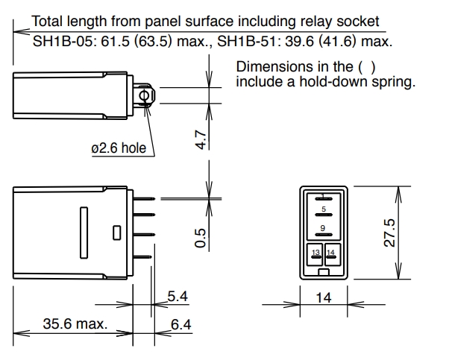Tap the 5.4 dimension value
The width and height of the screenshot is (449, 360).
[177, 297]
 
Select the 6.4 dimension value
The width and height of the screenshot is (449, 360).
[180, 324]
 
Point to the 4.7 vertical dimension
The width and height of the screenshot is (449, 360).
[201, 139]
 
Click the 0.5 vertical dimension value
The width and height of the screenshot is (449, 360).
[201, 239]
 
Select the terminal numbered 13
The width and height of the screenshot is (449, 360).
[316, 254]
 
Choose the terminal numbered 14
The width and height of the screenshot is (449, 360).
[331, 254]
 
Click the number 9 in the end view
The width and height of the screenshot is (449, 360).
[323, 227]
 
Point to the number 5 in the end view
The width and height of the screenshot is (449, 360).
[323, 210]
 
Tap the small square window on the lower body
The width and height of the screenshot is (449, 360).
[116, 233]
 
